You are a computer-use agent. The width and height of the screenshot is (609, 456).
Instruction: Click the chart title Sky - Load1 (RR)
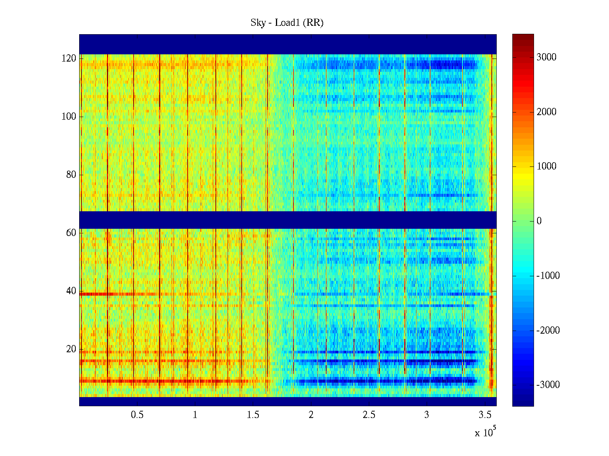(287, 23)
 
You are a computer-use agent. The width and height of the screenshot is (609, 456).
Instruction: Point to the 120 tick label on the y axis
(69, 59)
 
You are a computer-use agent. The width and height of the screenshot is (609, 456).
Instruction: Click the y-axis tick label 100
(69, 117)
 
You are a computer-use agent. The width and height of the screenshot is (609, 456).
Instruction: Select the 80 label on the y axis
(71, 175)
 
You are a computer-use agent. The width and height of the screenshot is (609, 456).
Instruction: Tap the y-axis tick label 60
(71, 233)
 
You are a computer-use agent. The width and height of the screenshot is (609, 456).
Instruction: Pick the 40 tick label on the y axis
(71, 291)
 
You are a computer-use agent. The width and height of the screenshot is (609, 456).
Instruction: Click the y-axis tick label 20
(71, 349)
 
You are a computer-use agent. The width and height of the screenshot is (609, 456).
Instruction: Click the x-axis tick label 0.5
(137, 415)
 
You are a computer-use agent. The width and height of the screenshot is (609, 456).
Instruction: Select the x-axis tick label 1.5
(253, 415)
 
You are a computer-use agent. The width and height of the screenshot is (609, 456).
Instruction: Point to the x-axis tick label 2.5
(369, 415)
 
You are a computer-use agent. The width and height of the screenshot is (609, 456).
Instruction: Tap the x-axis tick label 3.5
(485, 415)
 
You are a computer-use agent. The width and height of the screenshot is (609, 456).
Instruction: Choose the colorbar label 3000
(547, 57)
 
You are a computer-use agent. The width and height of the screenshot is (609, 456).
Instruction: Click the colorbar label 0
(539, 221)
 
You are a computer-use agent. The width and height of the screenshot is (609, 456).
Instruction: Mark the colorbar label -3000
(548, 385)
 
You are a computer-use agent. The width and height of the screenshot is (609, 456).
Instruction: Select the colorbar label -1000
(548, 276)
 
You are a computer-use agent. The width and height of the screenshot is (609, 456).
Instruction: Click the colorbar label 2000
(547, 112)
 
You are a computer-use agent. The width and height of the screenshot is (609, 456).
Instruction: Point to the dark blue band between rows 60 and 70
(288, 220)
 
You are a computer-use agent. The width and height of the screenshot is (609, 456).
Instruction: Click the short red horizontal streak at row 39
(114, 294)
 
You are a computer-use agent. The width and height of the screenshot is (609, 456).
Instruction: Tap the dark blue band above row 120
(288, 44)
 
